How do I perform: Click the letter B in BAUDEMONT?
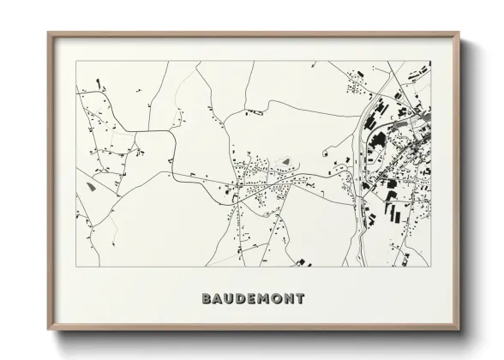[x=207, y=299]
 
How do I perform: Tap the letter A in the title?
[x=219, y=299]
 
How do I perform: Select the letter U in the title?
[x=231, y=299]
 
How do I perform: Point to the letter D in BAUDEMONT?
[x=244, y=299]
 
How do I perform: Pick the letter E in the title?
[x=255, y=299]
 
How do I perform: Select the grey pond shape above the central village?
[x=285, y=159]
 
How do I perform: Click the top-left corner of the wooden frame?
[x=48, y=33]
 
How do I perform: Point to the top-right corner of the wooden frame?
[x=459, y=33]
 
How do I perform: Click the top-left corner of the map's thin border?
[x=76, y=61]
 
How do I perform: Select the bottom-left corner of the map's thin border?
[x=76, y=267]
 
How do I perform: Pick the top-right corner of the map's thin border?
[x=431, y=61]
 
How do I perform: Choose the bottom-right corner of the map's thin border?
[x=431, y=267]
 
